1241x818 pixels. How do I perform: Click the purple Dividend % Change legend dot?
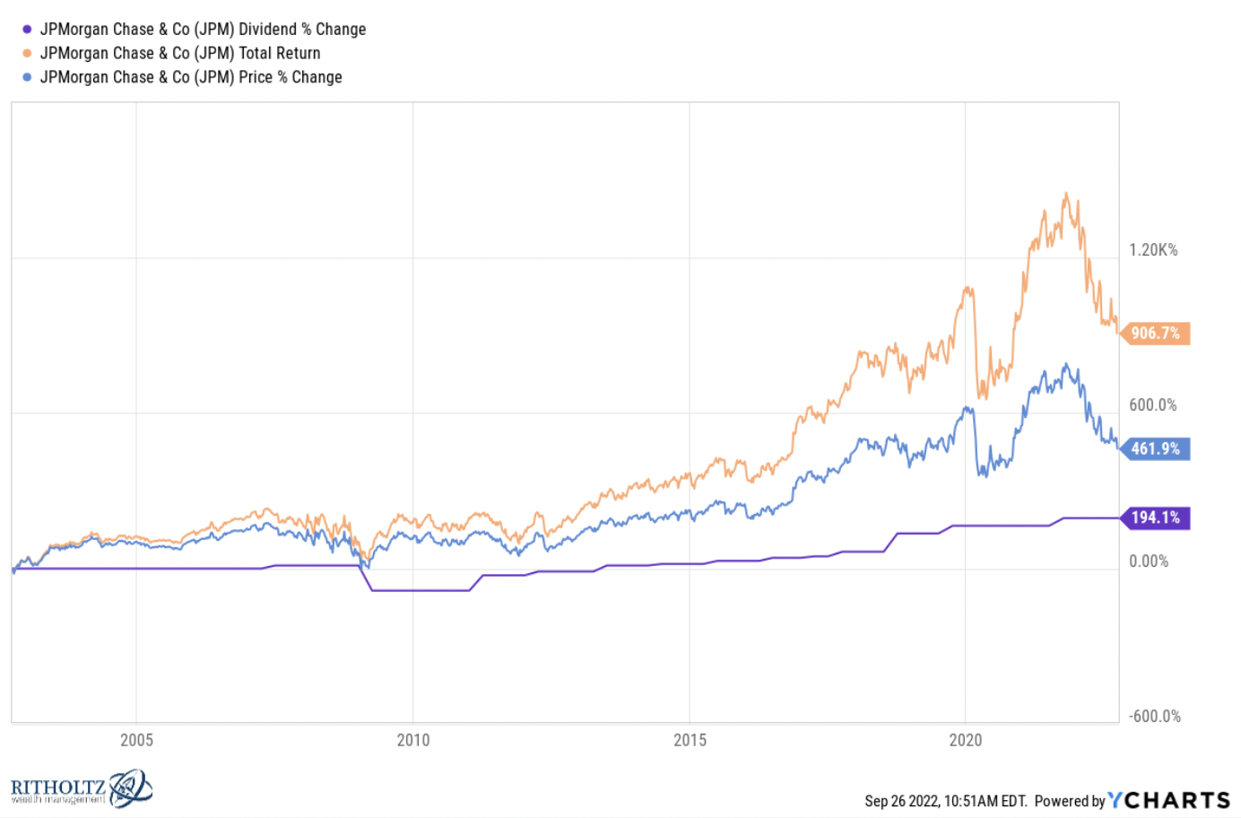click(x=27, y=30)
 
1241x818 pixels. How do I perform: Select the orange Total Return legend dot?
click(x=27, y=54)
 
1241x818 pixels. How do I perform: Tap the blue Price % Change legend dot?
click(x=27, y=78)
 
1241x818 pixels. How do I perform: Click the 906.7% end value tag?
click(x=1155, y=334)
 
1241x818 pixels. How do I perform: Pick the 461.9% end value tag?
click(x=1155, y=448)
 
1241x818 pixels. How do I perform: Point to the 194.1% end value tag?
click(x=1155, y=518)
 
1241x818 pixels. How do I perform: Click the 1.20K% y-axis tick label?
click(x=1153, y=250)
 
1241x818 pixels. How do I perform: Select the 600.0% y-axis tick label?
click(x=1153, y=405)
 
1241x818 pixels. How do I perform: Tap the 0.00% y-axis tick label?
click(x=1149, y=561)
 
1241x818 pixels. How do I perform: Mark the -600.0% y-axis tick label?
click(x=1155, y=717)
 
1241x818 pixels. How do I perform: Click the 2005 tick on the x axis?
click(x=136, y=740)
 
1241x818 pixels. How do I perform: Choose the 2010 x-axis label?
click(x=413, y=740)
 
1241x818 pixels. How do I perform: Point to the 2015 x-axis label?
click(x=690, y=740)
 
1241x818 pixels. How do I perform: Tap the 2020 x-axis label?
click(x=966, y=740)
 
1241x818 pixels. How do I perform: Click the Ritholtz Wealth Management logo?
click(x=81, y=789)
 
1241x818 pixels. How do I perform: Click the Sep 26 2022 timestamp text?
click(x=945, y=801)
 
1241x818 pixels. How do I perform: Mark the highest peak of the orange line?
click(x=1065, y=194)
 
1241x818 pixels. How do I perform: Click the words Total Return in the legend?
click(x=279, y=54)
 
